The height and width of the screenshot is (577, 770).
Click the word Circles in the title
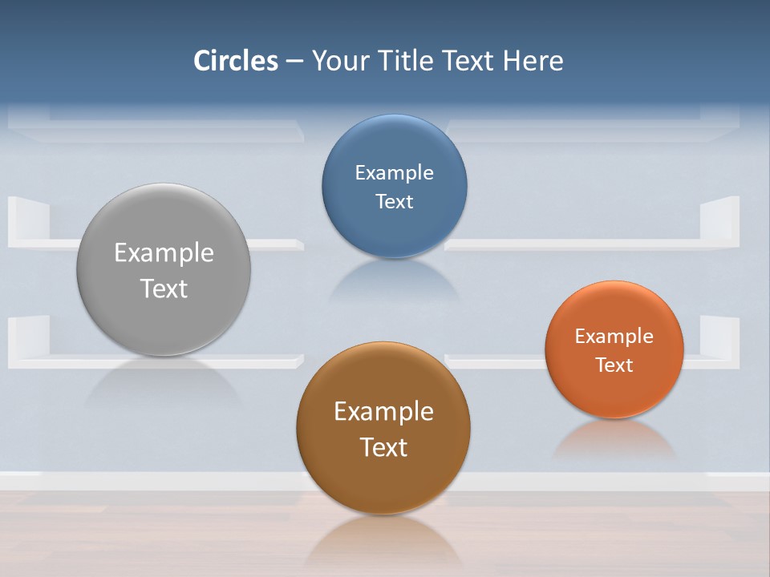coord(236,61)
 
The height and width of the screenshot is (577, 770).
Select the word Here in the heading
coord(533,61)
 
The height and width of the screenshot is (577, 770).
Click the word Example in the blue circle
coord(394,173)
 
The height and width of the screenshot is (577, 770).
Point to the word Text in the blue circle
coord(394,202)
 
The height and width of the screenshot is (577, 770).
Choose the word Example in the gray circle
coord(164,253)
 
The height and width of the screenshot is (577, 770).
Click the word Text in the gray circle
coord(164,288)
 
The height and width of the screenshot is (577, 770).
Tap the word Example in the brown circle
coord(383,412)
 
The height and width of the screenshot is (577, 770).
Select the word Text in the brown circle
coord(383,447)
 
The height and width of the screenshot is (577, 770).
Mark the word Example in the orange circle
coord(614,337)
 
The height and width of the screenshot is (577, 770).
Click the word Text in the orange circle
coord(614,365)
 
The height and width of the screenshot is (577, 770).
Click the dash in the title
coord(294,62)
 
